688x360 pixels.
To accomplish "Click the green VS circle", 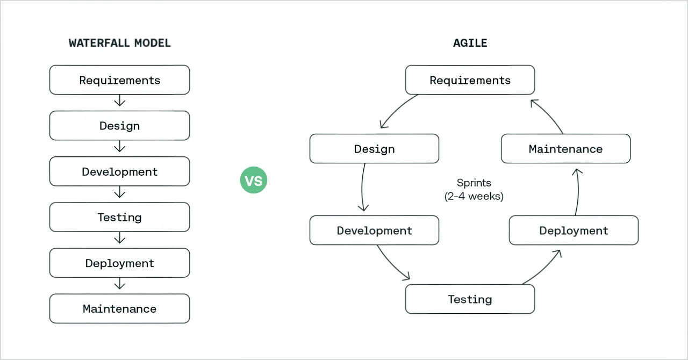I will (253, 181).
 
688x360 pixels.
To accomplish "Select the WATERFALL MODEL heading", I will (119, 43).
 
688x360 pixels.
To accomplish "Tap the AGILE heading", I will (470, 43).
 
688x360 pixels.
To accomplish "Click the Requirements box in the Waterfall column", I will (119, 80).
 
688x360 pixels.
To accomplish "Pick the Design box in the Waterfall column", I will (119, 126).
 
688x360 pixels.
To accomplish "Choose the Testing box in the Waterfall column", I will (119, 217).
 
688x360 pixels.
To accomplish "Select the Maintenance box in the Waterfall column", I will (119, 308).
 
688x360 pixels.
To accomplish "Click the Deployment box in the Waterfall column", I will (119, 263).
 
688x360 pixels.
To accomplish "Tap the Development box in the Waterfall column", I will (119, 171).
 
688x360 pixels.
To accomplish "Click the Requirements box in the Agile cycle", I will (470, 80).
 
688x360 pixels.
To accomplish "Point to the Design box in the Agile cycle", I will (374, 149).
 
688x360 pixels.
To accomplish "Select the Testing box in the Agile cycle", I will (470, 299).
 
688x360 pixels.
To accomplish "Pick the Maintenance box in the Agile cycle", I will (565, 149).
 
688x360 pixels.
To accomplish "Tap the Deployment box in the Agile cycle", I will (574, 231).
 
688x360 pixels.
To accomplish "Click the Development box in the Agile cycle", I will (374, 231).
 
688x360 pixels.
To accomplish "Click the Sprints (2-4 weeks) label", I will (474, 190).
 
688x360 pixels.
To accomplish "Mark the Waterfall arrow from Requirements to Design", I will (120, 102).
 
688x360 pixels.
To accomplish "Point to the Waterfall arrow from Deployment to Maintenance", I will (120, 284).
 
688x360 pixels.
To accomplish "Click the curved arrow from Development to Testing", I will (390, 266).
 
